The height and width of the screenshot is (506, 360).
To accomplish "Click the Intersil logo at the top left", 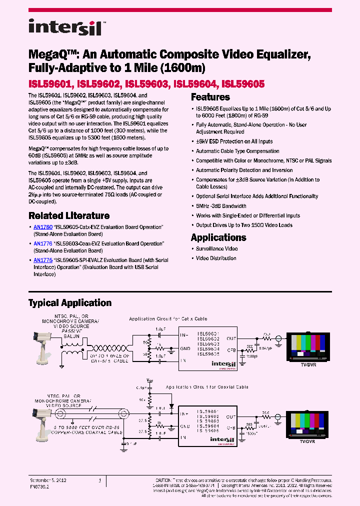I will (65, 27).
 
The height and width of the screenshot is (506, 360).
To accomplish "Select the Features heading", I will (210, 97).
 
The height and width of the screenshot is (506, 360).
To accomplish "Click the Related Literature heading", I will (69, 216).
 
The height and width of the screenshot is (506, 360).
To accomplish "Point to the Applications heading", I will (218, 237).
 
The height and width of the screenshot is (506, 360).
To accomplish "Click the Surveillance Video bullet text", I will (216, 248).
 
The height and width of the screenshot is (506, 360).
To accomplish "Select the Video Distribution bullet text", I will (216, 258).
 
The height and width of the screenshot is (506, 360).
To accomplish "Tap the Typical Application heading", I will (70, 303).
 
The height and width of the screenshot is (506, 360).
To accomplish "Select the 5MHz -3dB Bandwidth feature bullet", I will (221, 206).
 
